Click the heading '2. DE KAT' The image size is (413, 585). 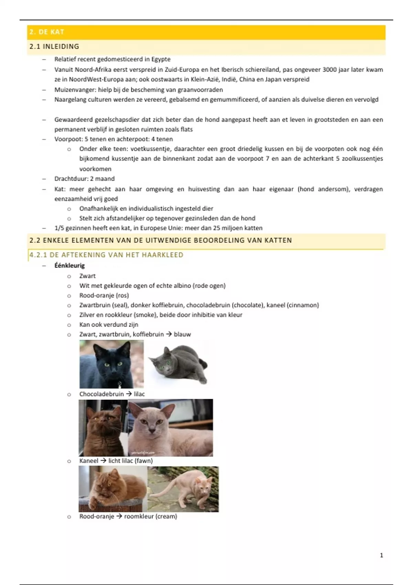tap(47, 32)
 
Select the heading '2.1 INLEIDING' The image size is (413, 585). tap(54, 46)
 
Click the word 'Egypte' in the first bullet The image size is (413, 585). tap(161, 59)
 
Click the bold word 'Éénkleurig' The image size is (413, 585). tap(70, 265)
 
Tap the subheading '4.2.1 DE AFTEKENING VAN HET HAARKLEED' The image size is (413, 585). tap(106, 255)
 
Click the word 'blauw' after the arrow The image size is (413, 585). tap(182, 334)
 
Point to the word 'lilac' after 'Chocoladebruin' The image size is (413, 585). tap(139, 394)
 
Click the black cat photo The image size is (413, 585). tap(111, 364)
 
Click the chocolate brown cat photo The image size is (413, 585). tap(103, 428)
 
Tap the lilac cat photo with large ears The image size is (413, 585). tap(170, 428)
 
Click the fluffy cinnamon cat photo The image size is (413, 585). tap(113, 489)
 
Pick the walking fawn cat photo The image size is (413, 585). tap(183, 489)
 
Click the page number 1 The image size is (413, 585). tap(381, 555)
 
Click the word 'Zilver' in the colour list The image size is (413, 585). tap(87, 315)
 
